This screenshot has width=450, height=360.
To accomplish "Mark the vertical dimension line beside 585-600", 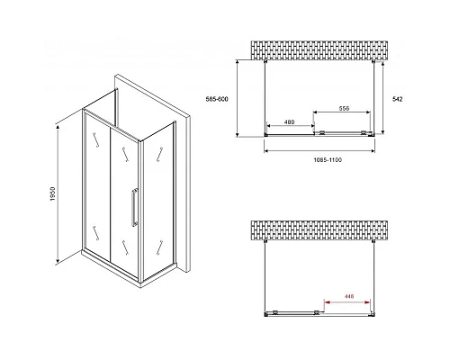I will tap(237, 98).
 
